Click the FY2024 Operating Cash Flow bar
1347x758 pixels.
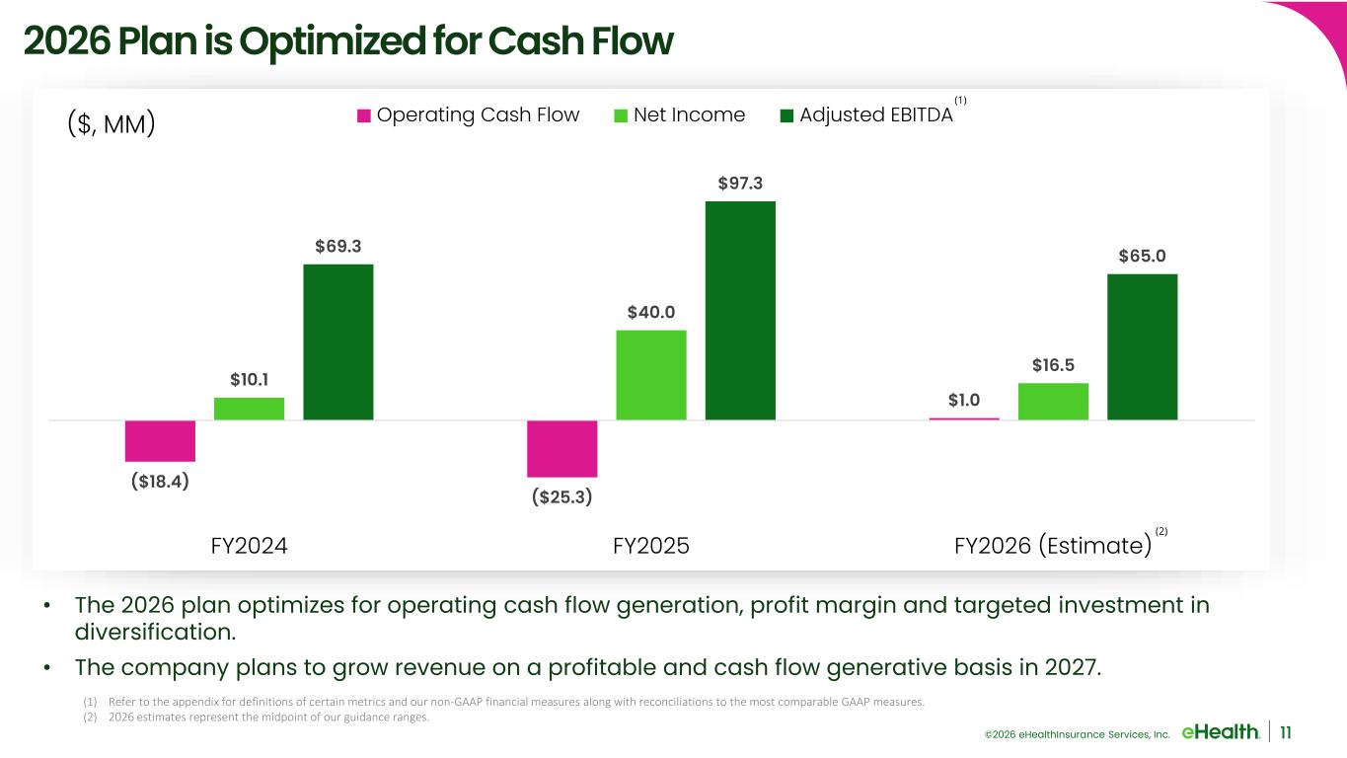[160, 440]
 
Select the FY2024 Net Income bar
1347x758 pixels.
[249, 409]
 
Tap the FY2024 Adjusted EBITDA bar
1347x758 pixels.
[337, 341]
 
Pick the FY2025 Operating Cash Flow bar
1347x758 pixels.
[561, 448]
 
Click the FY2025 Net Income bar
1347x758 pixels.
[650, 375]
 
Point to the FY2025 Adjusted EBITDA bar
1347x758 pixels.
[739, 310]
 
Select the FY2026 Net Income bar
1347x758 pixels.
[1053, 401]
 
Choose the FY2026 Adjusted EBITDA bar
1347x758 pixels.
[1142, 346]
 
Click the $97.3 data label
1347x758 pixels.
[740, 183]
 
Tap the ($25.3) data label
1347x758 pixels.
[561, 495]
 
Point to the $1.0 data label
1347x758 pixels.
[964, 400]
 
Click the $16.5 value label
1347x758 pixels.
[1053, 365]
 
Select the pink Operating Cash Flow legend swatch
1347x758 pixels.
[364, 115]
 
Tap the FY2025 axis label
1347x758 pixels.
[650, 546]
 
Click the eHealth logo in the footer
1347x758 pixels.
[1220, 731]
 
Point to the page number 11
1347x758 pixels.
[1287, 731]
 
